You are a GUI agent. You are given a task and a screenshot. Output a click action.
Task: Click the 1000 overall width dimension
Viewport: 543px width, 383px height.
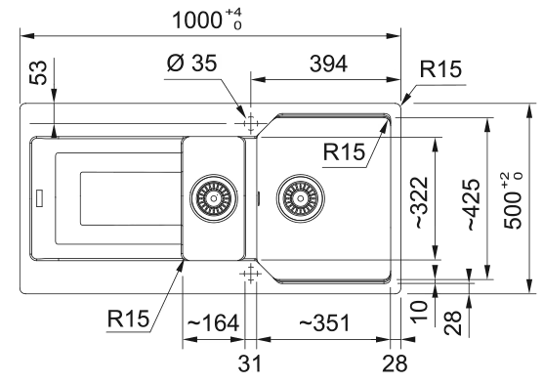207,20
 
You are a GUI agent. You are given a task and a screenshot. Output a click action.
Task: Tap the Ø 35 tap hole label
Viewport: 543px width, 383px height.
191,64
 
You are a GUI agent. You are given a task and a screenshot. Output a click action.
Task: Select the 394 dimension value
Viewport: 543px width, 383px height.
328,64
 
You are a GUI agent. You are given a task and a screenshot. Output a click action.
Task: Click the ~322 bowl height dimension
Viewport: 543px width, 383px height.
421,202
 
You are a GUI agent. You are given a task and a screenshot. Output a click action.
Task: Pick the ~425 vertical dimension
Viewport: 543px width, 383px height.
473,204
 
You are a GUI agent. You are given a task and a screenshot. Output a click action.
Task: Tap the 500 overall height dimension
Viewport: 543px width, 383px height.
513,201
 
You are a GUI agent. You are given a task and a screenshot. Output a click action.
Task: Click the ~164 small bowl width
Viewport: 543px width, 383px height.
213,323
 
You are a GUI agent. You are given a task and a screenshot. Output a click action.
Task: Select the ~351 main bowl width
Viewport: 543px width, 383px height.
324,323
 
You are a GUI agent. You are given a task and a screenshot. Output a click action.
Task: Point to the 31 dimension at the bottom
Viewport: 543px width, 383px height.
250,363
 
